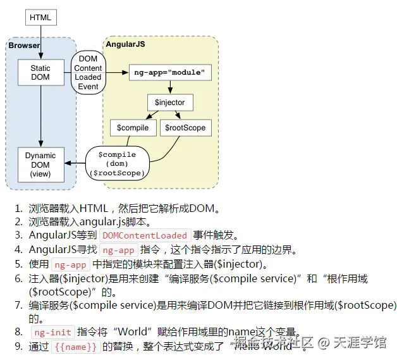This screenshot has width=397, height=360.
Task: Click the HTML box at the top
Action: [40, 17]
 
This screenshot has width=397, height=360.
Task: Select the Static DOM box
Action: [40, 73]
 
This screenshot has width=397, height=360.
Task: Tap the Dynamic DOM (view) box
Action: [40, 164]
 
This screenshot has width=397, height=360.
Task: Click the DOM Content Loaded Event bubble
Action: [88, 73]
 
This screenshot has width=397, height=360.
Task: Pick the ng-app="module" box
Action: [170, 73]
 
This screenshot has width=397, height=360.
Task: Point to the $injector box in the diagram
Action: [170, 102]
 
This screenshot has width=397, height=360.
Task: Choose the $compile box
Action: [133, 128]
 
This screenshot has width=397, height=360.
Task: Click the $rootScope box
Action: [185, 128]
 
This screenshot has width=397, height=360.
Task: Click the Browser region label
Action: [24, 46]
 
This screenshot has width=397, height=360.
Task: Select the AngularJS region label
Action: [125, 46]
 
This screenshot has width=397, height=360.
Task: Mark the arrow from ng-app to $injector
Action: [170, 87]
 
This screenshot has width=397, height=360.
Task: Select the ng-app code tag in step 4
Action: [118, 250]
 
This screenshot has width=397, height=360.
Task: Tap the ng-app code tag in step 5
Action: [70, 264]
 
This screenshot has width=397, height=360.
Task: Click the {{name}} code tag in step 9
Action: [75, 346]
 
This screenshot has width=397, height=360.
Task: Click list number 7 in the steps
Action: [18, 305]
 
